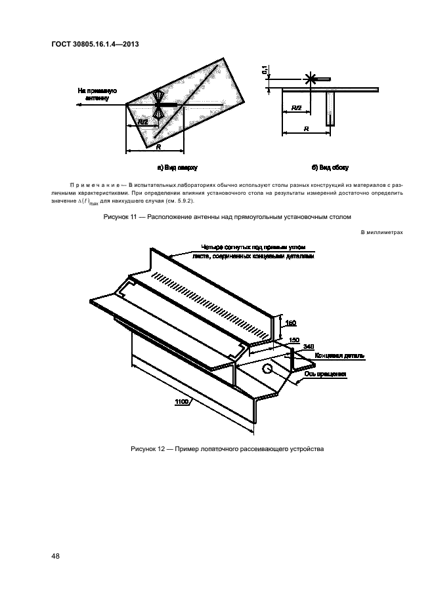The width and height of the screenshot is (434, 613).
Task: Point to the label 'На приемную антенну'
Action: [97, 94]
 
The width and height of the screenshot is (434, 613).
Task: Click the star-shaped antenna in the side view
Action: [309, 79]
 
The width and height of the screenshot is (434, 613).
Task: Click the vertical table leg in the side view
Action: [331, 108]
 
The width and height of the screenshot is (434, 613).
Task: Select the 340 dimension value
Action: [309, 346]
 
